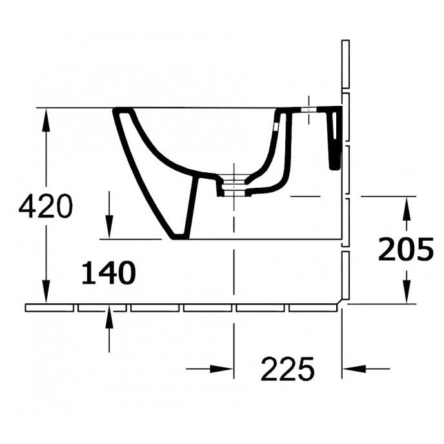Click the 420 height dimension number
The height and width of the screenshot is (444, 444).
[x=45, y=207]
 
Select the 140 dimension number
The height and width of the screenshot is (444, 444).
[x=108, y=274]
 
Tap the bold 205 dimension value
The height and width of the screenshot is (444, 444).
[x=405, y=249]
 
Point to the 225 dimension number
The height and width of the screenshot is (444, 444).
[x=287, y=369]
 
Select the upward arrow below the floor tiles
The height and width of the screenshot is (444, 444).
[x=109, y=322]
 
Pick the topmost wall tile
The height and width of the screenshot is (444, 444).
[x=345, y=65]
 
